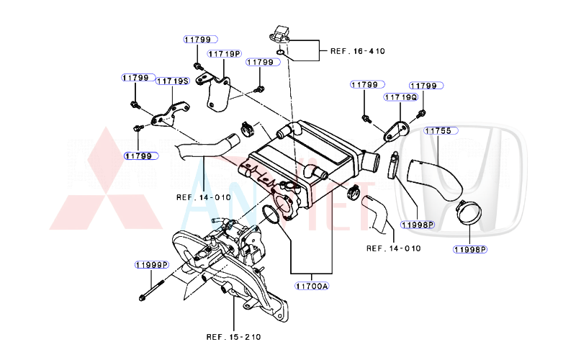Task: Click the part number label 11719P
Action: pyautogui.click(x=225, y=54)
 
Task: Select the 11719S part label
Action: pyautogui.click(x=172, y=81)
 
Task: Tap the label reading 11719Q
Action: pyautogui.click(x=400, y=96)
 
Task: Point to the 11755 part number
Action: pyautogui.click(x=437, y=131)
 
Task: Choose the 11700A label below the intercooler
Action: pyautogui.click(x=311, y=286)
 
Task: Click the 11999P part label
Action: pyautogui.click(x=150, y=264)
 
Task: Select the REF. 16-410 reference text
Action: pyautogui.click(x=357, y=51)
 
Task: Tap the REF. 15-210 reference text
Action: pyautogui.click(x=233, y=336)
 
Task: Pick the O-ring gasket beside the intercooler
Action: pyautogui.click(x=269, y=214)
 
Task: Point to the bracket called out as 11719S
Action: pyautogui.click(x=168, y=114)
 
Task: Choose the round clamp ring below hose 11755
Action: pyautogui.click(x=469, y=214)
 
